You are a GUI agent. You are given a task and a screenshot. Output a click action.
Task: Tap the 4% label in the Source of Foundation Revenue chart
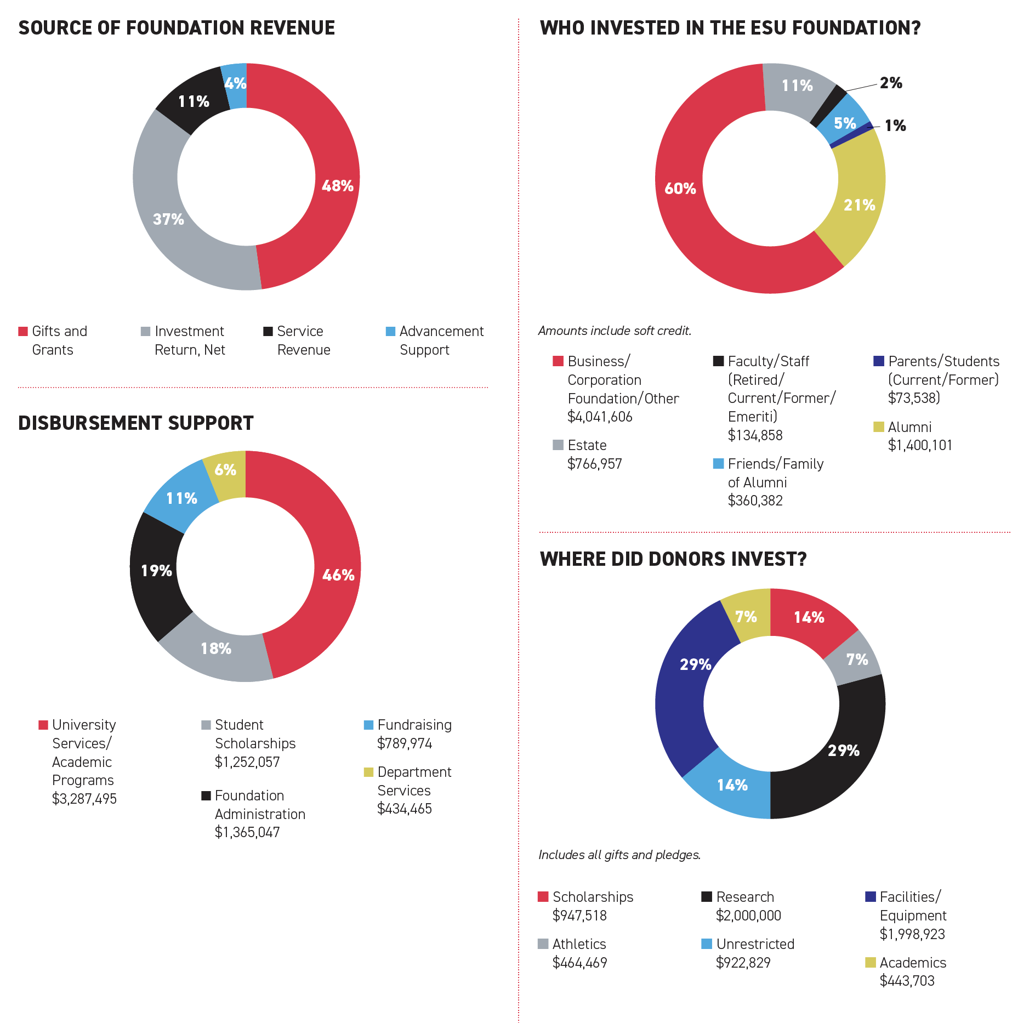[x=235, y=83]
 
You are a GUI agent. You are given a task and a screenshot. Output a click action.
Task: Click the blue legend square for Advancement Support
[x=390, y=332]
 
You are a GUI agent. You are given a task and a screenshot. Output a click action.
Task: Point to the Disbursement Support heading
[x=136, y=423]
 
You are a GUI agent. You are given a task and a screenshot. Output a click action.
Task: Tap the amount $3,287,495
[x=84, y=799]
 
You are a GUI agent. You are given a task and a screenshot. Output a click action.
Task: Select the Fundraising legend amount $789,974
[x=405, y=743]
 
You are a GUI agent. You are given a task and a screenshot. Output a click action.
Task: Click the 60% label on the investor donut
[x=680, y=189]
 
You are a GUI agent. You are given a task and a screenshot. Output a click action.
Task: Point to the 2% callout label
[x=891, y=83]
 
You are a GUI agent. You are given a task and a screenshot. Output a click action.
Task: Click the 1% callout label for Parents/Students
[x=895, y=126]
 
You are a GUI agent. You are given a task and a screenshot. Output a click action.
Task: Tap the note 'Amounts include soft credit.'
[x=615, y=331]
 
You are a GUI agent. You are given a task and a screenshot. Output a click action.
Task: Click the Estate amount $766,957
[x=594, y=464]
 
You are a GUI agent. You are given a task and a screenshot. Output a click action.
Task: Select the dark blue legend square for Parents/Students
[x=879, y=361]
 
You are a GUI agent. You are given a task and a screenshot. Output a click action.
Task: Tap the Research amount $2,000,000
[x=748, y=916]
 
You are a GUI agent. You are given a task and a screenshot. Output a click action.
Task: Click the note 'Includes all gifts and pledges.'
[x=619, y=855]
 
